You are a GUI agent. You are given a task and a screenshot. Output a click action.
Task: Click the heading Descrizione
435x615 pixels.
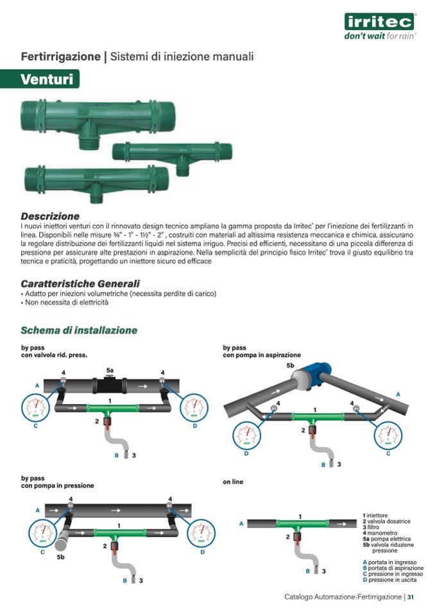[50, 216]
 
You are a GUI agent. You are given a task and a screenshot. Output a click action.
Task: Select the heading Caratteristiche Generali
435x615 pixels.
[80, 283]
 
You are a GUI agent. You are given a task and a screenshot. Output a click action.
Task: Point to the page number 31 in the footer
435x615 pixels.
[411, 597]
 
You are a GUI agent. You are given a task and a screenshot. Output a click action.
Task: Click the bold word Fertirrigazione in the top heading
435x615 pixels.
[61, 56]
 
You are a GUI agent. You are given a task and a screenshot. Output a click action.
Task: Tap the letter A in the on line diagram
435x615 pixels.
[241, 523]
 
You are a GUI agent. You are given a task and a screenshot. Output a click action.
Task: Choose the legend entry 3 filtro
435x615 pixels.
[375, 527]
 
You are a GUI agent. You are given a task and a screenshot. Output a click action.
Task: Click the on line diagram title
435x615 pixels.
[234, 482]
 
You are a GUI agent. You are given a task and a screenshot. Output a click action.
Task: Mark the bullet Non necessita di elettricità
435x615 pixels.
[65, 303]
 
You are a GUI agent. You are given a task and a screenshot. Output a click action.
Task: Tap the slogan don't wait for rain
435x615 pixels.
[380, 36]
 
